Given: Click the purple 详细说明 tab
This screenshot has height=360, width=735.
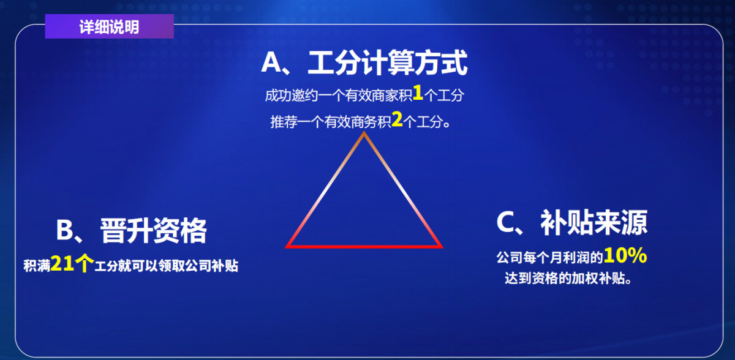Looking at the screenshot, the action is pyautogui.click(x=109, y=26).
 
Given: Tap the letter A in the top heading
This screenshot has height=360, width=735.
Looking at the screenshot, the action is pyautogui.click(x=271, y=62).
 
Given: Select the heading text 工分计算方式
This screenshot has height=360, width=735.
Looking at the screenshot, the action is pyautogui.click(x=387, y=62).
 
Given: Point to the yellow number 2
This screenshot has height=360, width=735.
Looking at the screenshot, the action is pyautogui.click(x=397, y=119).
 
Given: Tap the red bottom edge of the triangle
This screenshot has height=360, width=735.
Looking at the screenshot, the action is pyautogui.click(x=364, y=247).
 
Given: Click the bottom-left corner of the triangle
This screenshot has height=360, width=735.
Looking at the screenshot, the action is pyautogui.click(x=286, y=247).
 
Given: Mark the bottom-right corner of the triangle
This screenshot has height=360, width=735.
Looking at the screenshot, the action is pyautogui.click(x=443, y=247).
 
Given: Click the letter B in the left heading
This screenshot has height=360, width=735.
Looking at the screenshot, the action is pyautogui.click(x=65, y=230).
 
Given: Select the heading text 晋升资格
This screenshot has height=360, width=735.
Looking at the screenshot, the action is pyautogui.click(x=153, y=231).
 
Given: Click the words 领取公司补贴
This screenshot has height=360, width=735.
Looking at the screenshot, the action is pyautogui.click(x=198, y=266).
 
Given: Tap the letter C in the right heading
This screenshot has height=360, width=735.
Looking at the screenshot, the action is pyautogui.click(x=505, y=222).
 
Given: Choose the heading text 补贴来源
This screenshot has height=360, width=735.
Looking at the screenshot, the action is pyautogui.click(x=594, y=223).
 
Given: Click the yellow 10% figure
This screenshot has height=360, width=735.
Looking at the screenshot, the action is pyautogui.click(x=625, y=255).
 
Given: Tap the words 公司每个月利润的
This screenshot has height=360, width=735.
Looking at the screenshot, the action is pyautogui.click(x=549, y=258).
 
